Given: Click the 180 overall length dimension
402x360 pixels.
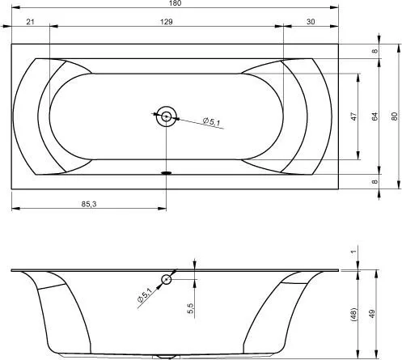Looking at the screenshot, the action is tap(176, 3).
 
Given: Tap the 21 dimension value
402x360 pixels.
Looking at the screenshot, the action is tap(30, 22).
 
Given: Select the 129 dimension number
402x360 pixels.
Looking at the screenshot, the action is tap(167, 22).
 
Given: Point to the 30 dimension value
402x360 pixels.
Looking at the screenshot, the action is tap(311, 22).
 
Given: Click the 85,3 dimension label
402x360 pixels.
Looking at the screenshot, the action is tap(89, 204).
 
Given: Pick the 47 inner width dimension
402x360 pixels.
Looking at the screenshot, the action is tap(353, 116).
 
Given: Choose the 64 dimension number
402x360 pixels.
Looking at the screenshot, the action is tap(374, 116).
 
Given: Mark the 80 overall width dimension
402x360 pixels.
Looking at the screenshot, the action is tap(394, 116).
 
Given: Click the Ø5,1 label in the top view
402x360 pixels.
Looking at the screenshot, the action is tap(212, 121).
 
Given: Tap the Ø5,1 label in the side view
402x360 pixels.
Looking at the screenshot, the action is tap(145, 294).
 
